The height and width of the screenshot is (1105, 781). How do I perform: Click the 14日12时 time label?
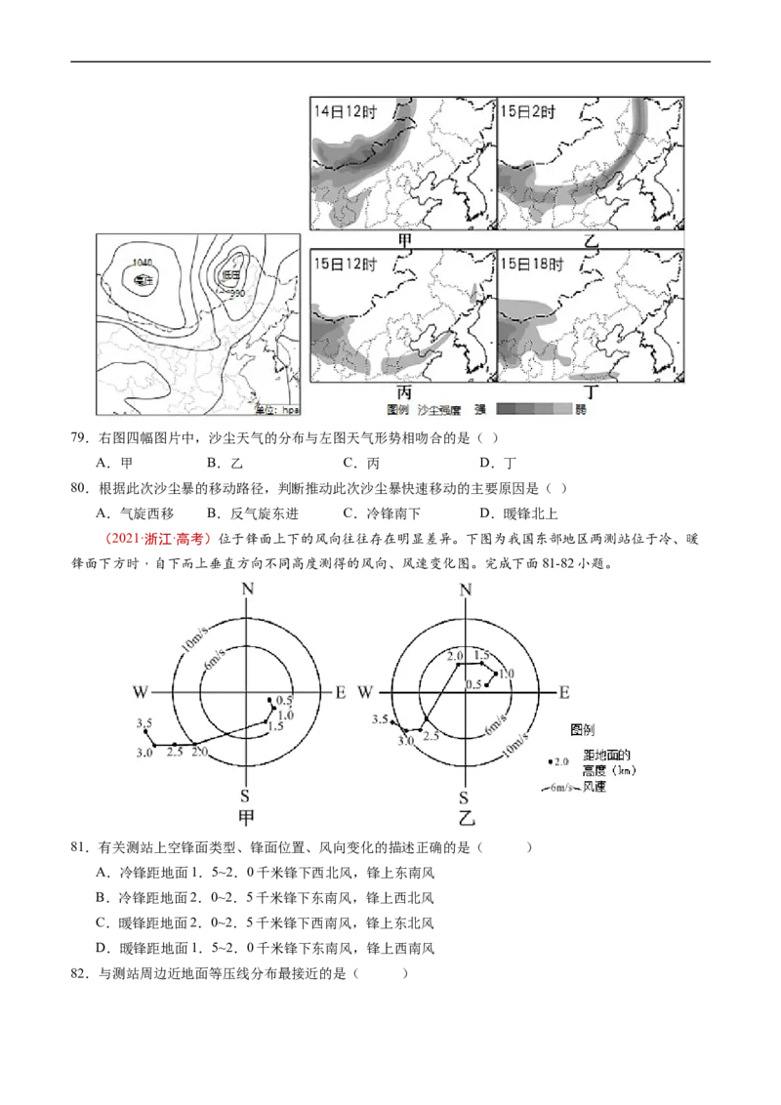point(345,110)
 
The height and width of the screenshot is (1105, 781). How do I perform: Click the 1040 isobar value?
point(143,263)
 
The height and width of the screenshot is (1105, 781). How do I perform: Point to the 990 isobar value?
point(236,293)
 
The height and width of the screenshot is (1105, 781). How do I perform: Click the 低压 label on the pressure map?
point(230,276)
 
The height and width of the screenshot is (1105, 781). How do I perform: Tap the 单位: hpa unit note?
point(276,411)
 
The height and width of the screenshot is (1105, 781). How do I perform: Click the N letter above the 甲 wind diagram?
point(248,589)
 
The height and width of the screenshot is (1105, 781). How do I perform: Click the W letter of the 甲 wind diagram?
point(141,692)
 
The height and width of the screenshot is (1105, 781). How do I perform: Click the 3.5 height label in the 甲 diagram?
point(144,722)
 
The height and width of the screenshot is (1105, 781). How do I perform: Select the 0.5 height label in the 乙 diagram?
point(473,684)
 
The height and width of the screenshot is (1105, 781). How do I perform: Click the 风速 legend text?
point(595,787)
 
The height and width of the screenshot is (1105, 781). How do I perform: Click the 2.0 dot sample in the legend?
point(557,761)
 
